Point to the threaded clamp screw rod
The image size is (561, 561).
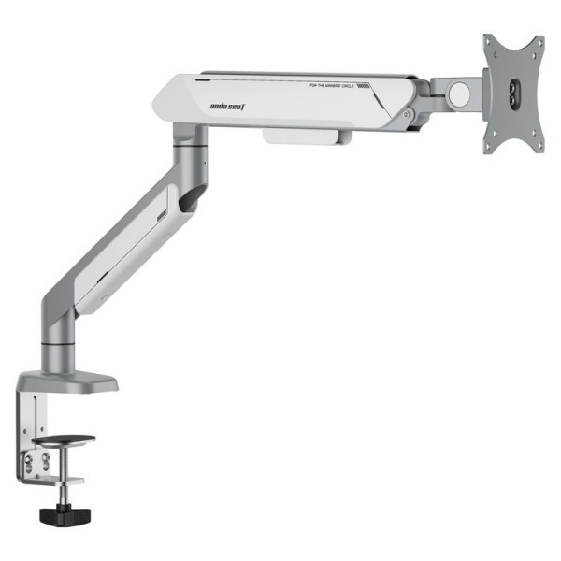click(x=63, y=491)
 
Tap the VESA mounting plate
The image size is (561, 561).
click(x=512, y=93)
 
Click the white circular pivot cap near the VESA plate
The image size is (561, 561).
click(x=459, y=93)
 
